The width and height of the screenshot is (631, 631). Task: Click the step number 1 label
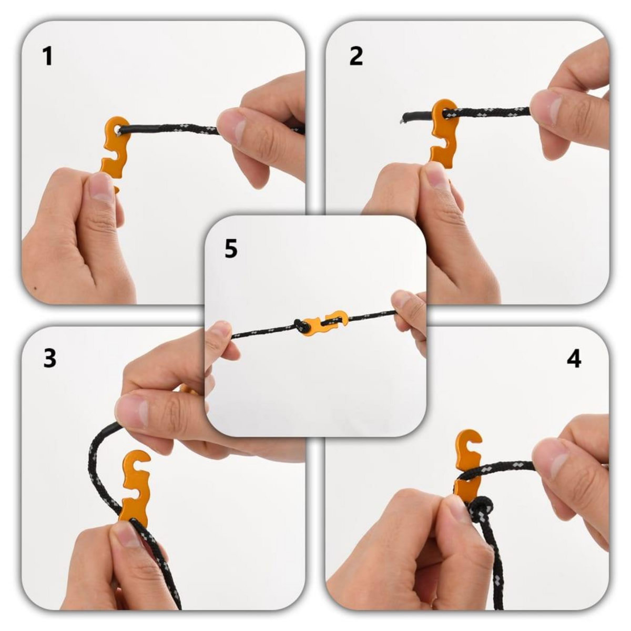pyautogui.click(x=48, y=56)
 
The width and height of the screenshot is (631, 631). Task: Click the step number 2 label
pyautogui.click(x=356, y=56)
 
